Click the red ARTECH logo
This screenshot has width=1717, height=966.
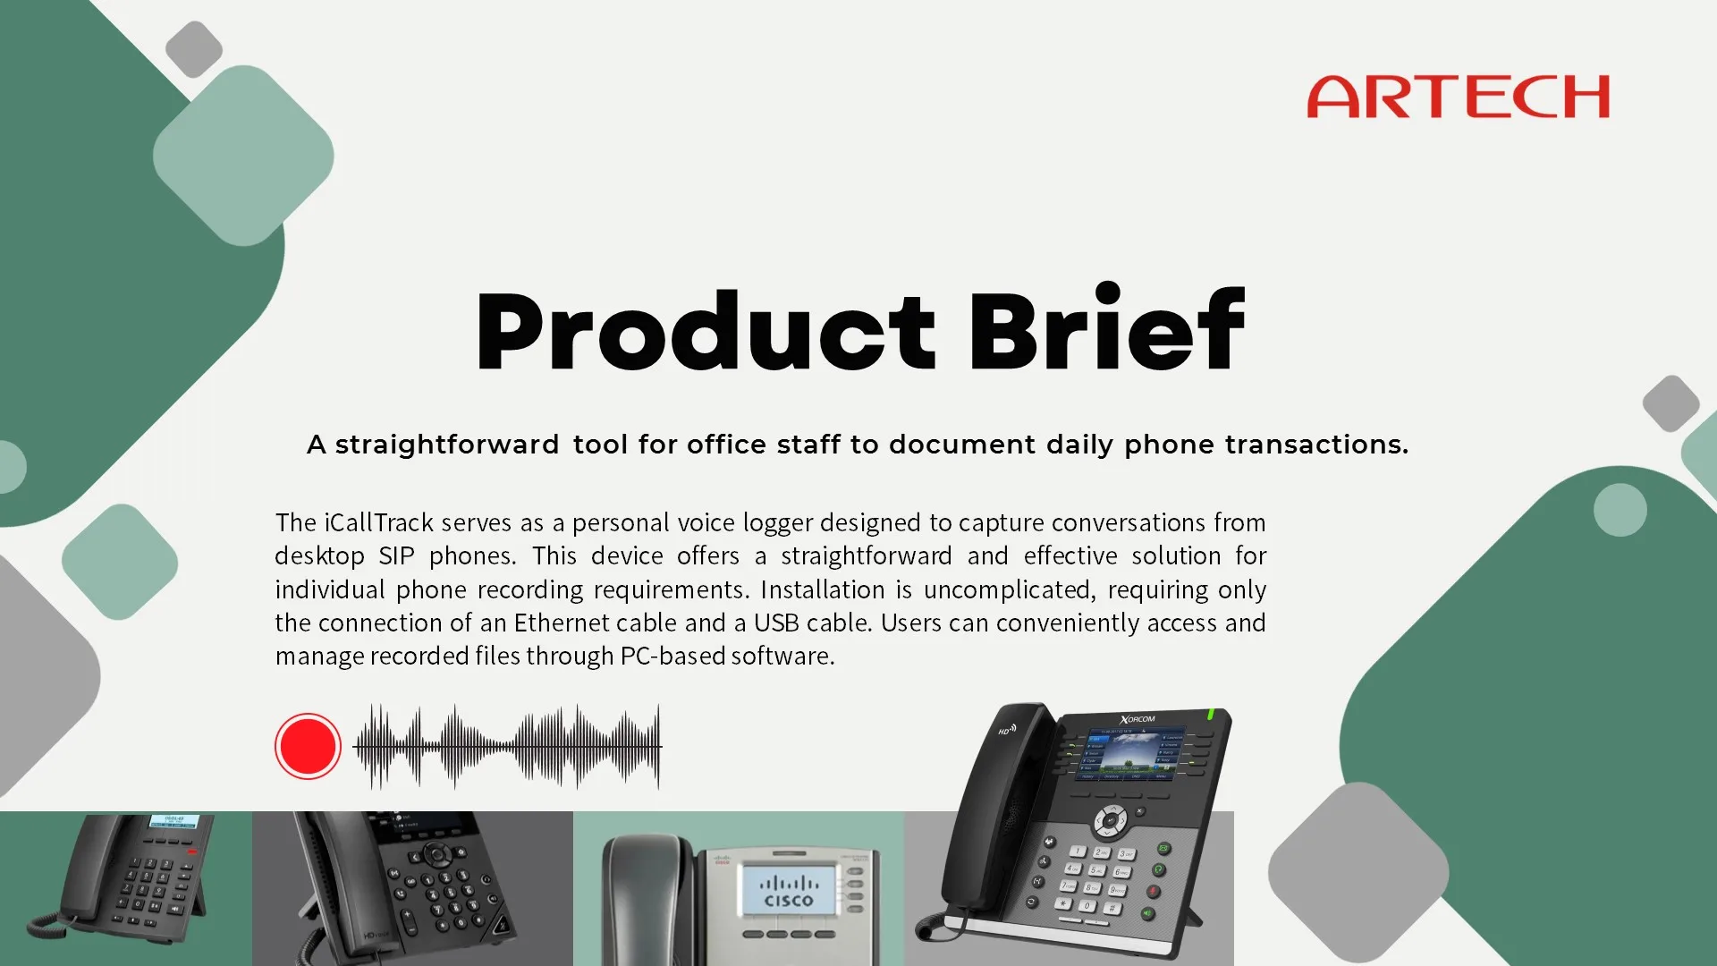point(1458,97)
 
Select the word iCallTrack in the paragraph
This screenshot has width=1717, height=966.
point(378,522)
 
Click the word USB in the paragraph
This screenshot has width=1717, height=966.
point(776,623)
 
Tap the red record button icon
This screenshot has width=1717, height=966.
point(308,746)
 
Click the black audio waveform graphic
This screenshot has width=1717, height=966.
point(507,746)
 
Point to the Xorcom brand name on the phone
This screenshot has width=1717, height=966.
point(1138,719)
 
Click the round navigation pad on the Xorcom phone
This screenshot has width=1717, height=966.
point(1111,819)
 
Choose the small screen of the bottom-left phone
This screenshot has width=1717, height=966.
point(173,821)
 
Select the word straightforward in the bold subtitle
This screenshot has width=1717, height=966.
point(447,445)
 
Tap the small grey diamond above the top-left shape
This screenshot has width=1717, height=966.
point(194,49)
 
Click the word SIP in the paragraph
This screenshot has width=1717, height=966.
point(396,556)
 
